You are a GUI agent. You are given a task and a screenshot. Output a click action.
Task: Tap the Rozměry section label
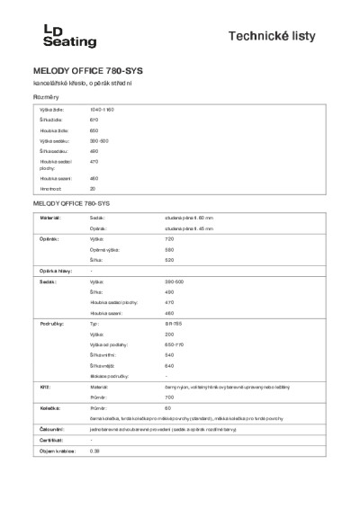pos(47,95)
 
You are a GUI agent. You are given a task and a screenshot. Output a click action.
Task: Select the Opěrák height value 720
pos(168,240)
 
